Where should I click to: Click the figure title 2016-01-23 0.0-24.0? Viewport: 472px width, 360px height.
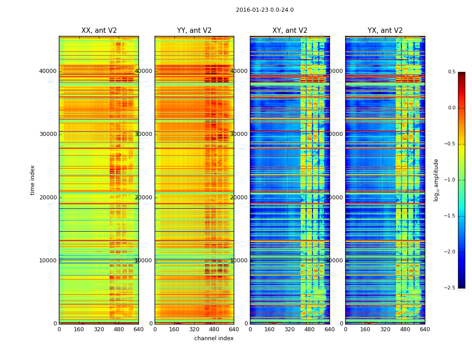pyautogui.click(x=264, y=10)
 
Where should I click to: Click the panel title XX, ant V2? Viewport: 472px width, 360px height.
pyautogui.click(x=99, y=31)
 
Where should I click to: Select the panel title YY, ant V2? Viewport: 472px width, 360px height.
pyautogui.click(x=194, y=31)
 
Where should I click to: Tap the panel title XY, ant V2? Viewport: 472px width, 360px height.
pyautogui.click(x=289, y=31)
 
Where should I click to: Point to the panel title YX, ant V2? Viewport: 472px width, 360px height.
pyautogui.click(x=385, y=31)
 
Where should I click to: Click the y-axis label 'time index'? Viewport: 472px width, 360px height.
pyautogui.click(x=32, y=180)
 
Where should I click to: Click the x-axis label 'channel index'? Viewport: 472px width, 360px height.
pyautogui.click(x=214, y=338)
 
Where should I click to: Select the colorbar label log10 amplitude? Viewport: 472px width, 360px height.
pyautogui.click(x=436, y=180)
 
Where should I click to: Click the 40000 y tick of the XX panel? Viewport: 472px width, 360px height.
pyautogui.click(x=48, y=71)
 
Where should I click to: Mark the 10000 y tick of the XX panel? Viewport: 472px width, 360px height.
pyautogui.click(x=48, y=261)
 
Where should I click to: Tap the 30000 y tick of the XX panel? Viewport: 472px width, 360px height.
pyautogui.click(x=48, y=134)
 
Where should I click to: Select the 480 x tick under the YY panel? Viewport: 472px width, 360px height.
pyautogui.click(x=214, y=329)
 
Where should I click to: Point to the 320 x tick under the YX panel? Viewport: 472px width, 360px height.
pyautogui.click(x=385, y=329)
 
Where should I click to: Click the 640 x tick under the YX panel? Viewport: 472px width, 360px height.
pyautogui.click(x=425, y=329)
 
